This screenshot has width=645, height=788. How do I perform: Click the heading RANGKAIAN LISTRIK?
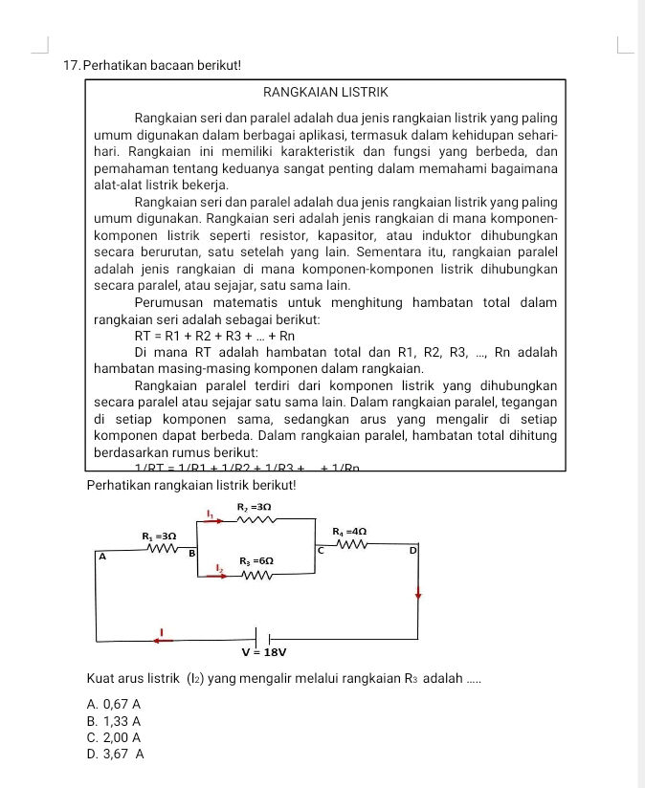pyautogui.click(x=325, y=93)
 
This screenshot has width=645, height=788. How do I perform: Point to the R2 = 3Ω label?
pyautogui.click(x=256, y=504)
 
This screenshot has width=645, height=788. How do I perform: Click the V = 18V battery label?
pyautogui.click(x=264, y=652)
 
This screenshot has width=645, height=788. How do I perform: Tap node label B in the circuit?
pyautogui.click(x=190, y=553)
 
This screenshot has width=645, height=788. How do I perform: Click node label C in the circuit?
pyautogui.click(x=322, y=551)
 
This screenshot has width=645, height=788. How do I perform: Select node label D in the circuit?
pyautogui.click(x=413, y=552)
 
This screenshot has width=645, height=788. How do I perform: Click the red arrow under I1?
pyautogui.click(x=218, y=521)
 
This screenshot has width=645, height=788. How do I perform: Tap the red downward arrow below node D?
pyautogui.click(x=417, y=593)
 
